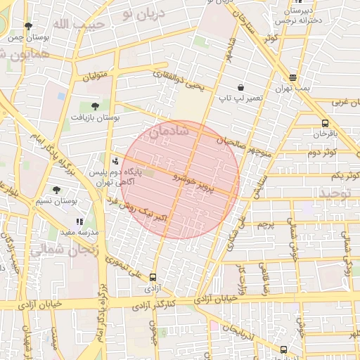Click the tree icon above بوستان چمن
[x=28, y=26]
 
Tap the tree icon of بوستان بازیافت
[x=95, y=106]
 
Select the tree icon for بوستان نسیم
[x=56, y=190]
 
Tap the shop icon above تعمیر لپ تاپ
[x=241, y=87]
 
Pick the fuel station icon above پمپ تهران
[x=292, y=77]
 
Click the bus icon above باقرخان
[x=324, y=124]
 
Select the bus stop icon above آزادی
[x=153, y=277]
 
